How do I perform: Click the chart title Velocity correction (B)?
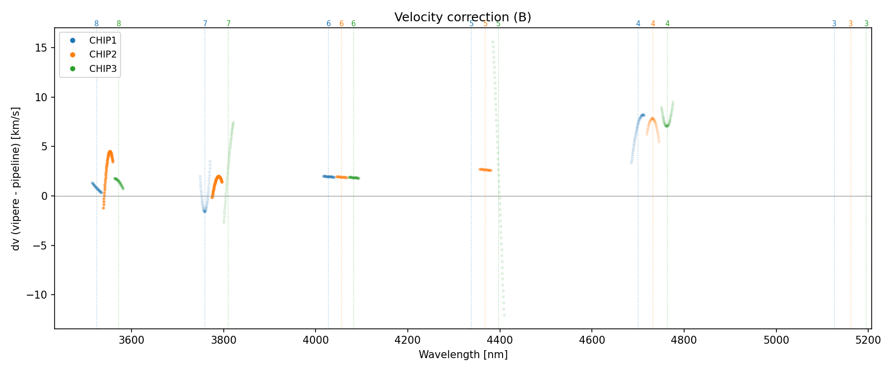pyautogui.click(x=462, y=17)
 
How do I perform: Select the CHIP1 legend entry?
pyautogui.click(x=103, y=41)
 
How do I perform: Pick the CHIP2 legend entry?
pyautogui.click(x=103, y=55)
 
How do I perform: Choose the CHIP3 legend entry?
pyautogui.click(x=103, y=69)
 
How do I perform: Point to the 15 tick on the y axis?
pyautogui.click(x=42, y=48)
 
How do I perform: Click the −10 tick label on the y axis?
pyautogui.click(x=37, y=295)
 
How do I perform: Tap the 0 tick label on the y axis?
pyautogui.click(x=45, y=196)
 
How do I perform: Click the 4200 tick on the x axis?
pyautogui.click(x=407, y=340)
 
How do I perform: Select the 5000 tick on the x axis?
pyautogui.click(x=776, y=340)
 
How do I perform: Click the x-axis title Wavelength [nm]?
pyautogui.click(x=463, y=355)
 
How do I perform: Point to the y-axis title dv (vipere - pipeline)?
pyautogui.click(x=16, y=179)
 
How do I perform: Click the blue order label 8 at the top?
pyautogui.click(x=96, y=24)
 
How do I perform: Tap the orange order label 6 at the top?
pyautogui.click(x=341, y=24)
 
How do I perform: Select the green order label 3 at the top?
pyautogui.click(x=866, y=24)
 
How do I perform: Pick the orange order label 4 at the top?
pyautogui.click(x=653, y=24)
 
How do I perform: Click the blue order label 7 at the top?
pyautogui.click(x=205, y=24)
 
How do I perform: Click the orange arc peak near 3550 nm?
pyautogui.click(x=110, y=152)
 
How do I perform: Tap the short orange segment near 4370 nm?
pyautogui.click(x=485, y=170)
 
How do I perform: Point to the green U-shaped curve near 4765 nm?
pyautogui.click(x=667, y=124)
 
